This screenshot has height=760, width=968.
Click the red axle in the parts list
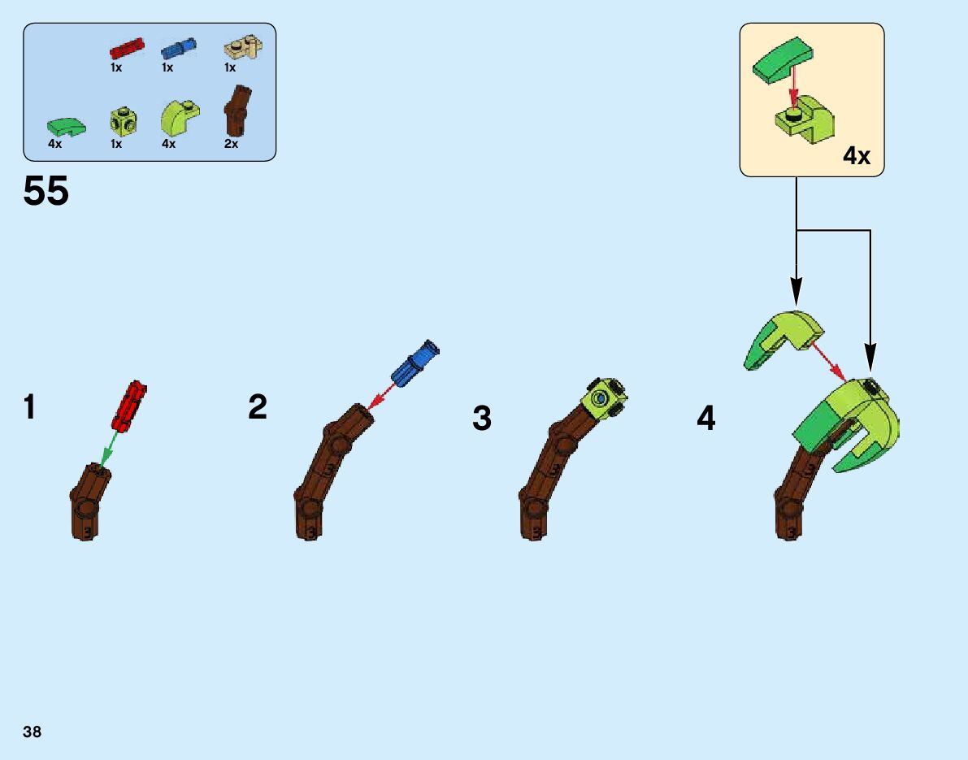[x=127, y=49]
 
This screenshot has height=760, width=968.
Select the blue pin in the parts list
[x=178, y=49]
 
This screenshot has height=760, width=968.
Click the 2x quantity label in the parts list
[x=231, y=144]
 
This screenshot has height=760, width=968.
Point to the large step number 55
[x=46, y=193]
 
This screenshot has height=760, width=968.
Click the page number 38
[x=33, y=732]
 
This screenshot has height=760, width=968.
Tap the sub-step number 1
[x=30, y=407]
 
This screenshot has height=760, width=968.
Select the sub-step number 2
[x=258, y=407]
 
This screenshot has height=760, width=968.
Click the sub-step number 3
[x=482, y=419]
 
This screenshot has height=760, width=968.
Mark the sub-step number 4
[x=706, y=419]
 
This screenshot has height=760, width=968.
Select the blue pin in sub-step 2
[x=415, y=363]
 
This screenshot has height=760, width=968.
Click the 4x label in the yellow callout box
[x=857, y=155]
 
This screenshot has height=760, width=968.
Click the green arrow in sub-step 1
[x=106, y=446]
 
